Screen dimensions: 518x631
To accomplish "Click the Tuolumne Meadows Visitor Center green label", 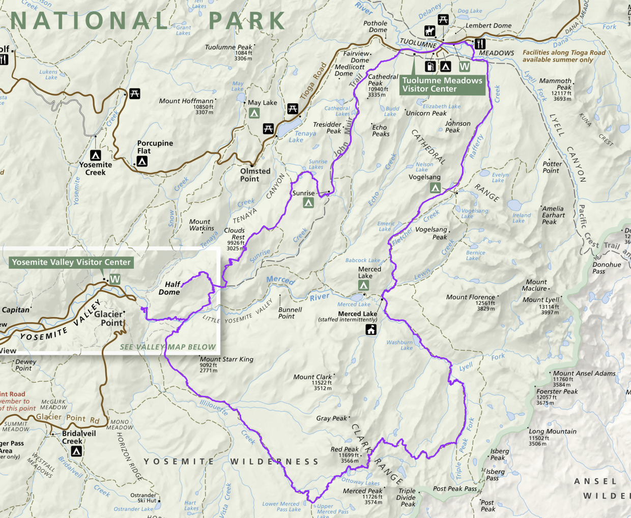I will [x=442, y=84].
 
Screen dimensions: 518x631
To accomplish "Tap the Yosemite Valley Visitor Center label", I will [x=71, y=263].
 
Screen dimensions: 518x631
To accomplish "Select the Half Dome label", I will [x=170, y=289].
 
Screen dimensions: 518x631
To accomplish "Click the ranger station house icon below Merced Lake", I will [x=371, y=330].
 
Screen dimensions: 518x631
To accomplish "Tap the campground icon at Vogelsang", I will [x=435, y=188].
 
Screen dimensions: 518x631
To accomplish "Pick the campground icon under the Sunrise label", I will [x=308, y=203].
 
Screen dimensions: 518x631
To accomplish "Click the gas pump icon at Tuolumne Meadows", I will [x=431, y=66].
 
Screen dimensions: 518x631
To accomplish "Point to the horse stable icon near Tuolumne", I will [x=430, y=32].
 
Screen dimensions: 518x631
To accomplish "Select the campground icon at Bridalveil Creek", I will [x=76, y=451].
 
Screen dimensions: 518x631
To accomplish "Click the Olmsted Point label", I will [x=255, y=175].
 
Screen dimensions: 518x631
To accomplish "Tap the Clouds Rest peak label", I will [x=235, y=234].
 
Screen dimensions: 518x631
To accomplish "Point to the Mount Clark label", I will [x=312, y=377].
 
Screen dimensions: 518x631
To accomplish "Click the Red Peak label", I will [x=345, y=449].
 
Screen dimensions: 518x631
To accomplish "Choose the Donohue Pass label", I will [x=607, y=268].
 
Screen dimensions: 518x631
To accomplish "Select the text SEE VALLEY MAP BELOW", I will [x=168, y=347].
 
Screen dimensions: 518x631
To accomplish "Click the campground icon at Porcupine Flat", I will [x=142, y=161].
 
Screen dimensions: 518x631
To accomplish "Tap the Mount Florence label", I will [x=470, y=297].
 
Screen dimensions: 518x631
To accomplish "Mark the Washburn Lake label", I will [x=400, y=345].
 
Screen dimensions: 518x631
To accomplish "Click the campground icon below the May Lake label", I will [x=254, y=113].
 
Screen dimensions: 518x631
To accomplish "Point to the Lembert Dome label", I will [x=489, y=25].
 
